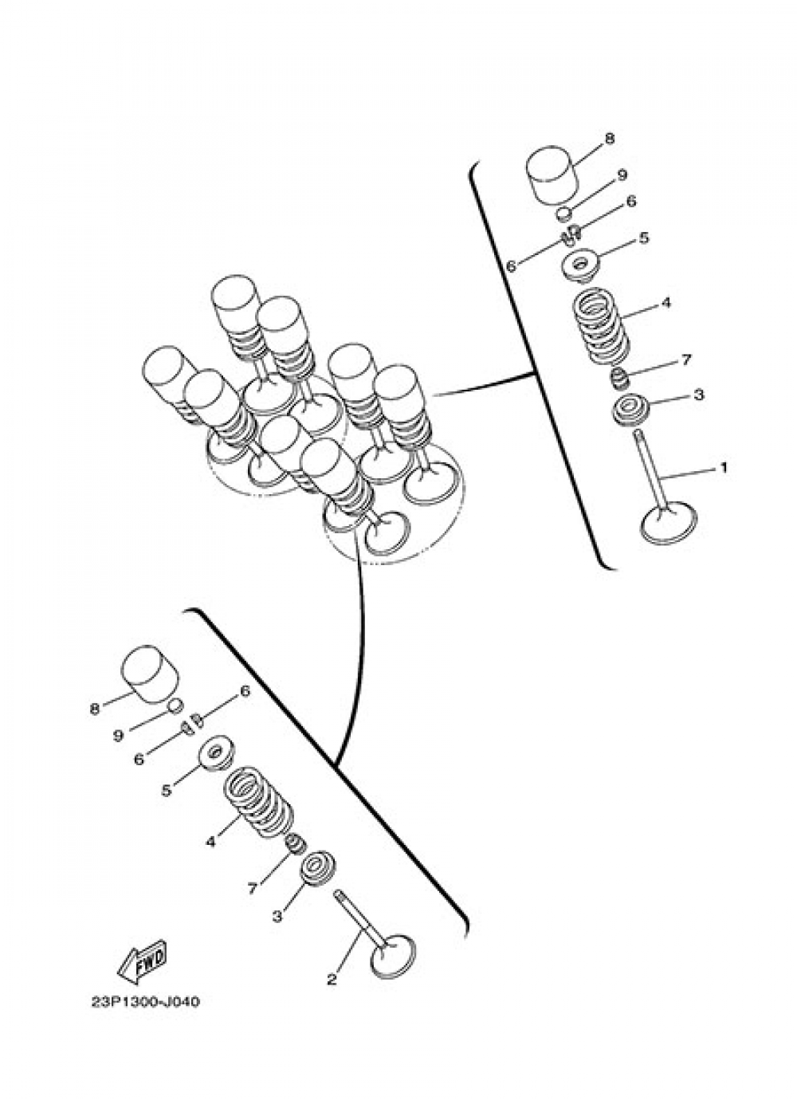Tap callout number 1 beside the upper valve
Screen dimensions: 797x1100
pyautogui.click(x=724, y=467)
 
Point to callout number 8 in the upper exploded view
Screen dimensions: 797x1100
pyautogui.click(x=610, y=139)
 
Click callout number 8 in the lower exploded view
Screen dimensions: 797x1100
pyautogui.click(x=95, y=709)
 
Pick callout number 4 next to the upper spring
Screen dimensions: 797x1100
pyautogui.click(x=665, y=303)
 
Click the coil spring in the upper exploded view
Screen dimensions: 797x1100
pyautogui.click(x=603, y=325)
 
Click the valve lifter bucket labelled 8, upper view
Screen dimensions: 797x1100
pyautogui.click(x=551, y=175)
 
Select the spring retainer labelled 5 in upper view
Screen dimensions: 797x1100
pyautogui.click(x=581, y=266)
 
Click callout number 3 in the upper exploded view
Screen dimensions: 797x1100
pyautogui.click(x=699, y=395)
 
